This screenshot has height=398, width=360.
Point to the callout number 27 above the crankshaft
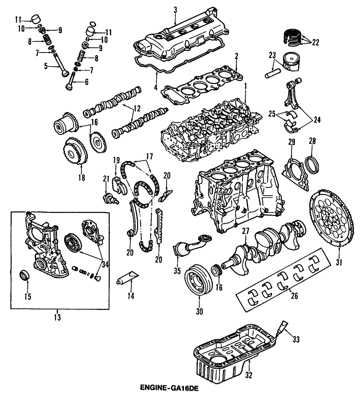point(246,232)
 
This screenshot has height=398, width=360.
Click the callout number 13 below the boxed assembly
point(57,318)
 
